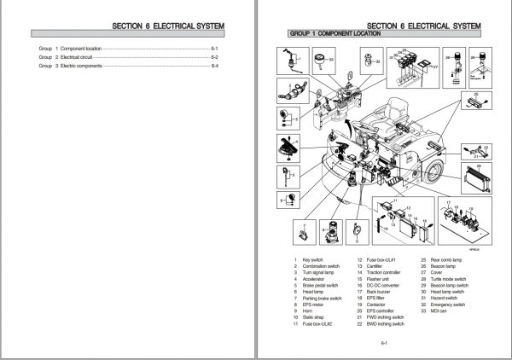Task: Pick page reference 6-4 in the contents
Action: click(215, 66)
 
